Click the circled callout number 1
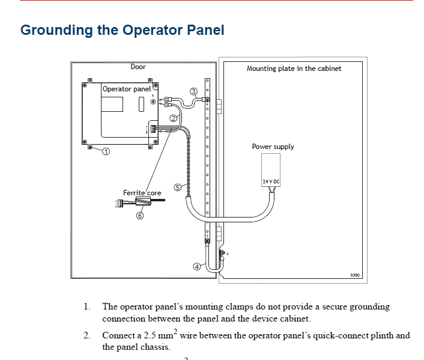[106, 151]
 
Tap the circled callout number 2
[174, 118]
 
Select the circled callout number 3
[193, 91]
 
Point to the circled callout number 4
[197, 267]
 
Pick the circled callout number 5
[177, 188]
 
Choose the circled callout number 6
[140, 215]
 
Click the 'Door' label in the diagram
[138, 67]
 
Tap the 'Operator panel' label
[127, 89]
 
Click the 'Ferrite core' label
[142, 193]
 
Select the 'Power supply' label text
[273, 147]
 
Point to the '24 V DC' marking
[271, 182]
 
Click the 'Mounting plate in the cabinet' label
[294, 69]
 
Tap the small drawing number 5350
[355, 275]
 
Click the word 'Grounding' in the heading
[56, 30]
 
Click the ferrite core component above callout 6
[143, 201]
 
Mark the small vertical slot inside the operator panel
[141, 104]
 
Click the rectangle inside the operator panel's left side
[112, 104]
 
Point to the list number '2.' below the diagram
[87, 335]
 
